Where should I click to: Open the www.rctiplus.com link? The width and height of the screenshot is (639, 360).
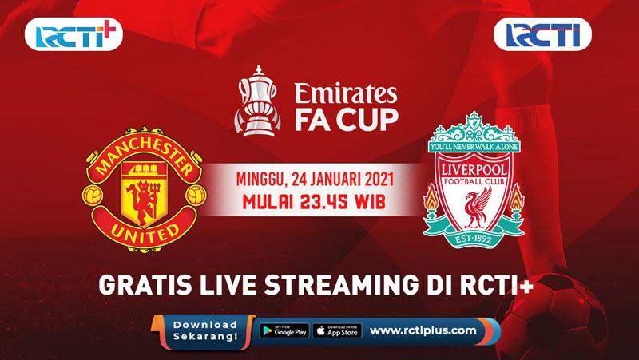424,330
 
